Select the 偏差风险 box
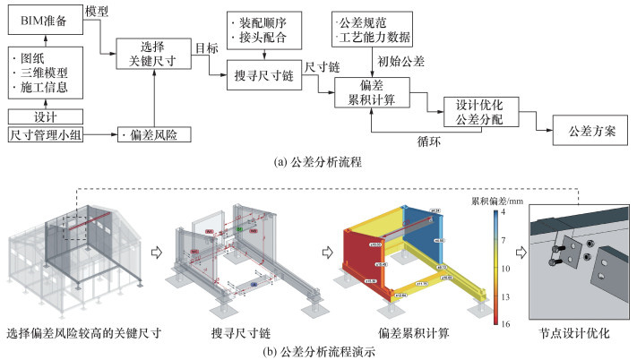pos(154,135)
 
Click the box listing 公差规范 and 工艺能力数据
pos(372,29)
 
